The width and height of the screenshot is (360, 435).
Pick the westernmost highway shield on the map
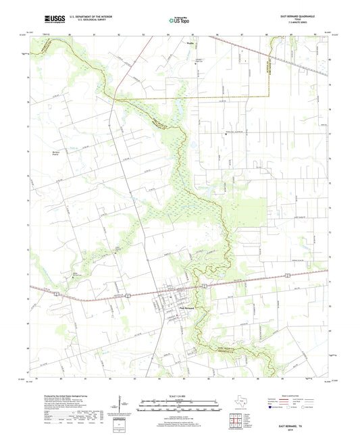61,295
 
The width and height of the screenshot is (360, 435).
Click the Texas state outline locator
241,403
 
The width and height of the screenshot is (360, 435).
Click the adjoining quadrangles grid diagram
237,419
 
